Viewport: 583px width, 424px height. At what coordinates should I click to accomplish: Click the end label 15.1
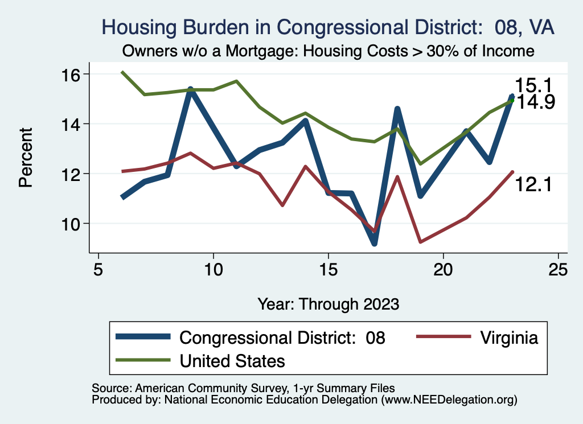pos(534,86)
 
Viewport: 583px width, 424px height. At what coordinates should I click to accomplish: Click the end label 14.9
pos(534,102)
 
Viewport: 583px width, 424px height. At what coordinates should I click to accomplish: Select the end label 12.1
pos(534,184)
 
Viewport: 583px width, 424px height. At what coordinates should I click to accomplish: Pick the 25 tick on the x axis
pos(558,269)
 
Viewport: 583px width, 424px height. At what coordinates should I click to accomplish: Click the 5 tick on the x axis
pos(98,269)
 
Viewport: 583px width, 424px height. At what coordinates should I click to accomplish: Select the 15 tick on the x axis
pos(328,269)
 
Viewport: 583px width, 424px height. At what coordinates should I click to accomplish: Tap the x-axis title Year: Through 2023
pos(328,303)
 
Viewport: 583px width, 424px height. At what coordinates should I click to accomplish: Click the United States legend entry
pos(232,361)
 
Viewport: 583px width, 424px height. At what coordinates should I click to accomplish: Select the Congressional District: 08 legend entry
pos(282,337)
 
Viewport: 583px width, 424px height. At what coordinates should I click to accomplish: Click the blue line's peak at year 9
pos(191,89)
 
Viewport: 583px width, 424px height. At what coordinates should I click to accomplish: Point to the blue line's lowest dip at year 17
pos(374,244)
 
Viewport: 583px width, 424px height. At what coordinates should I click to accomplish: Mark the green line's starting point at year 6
pos(122,72)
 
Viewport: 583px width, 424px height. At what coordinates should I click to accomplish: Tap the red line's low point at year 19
pos(420,242)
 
